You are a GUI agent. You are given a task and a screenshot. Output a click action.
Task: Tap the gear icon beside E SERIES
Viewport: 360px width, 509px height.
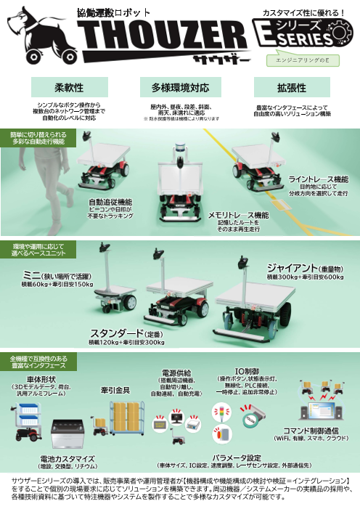click(x=340, y=32)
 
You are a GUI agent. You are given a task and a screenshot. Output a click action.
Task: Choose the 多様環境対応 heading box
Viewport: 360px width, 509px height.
click(x=180, y=88)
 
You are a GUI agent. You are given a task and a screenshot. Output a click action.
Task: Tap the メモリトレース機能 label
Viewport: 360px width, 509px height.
click(x=238, y=216)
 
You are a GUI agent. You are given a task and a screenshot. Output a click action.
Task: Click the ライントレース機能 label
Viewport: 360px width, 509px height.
click(x=318, y=179)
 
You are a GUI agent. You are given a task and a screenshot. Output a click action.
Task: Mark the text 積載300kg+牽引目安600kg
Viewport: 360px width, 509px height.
click(x=305, y=277)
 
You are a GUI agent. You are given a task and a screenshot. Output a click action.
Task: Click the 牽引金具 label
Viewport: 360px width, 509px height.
click(x=115, y=390)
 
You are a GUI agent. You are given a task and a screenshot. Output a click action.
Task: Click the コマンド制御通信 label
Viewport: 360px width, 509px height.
click(x=317, y=431)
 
